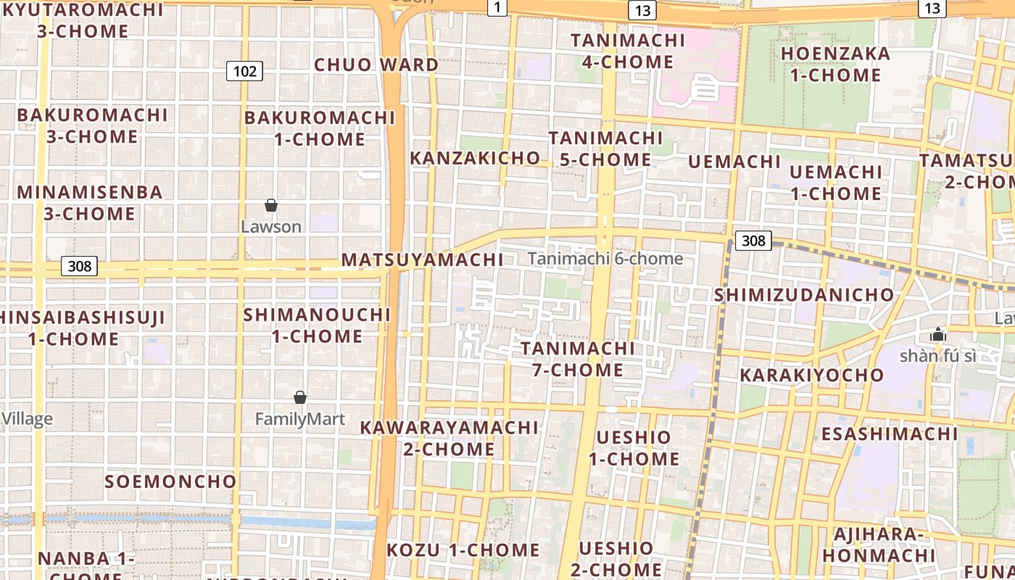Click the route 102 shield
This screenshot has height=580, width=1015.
(x=244, y=71)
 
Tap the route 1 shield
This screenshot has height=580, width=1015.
(x=497, y=7)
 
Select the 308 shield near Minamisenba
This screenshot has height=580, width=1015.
(x=79, y=266)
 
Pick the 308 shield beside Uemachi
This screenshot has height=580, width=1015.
(x=753, y=240)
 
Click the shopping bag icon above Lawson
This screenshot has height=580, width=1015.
(x=271, y=206)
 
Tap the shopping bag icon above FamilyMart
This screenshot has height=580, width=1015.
(x=300, y=398)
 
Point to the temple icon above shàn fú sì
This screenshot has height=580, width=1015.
(x=938, y=335)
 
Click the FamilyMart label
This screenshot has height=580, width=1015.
(x=300, y=419)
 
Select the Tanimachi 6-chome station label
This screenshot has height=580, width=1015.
(x=605, y=259)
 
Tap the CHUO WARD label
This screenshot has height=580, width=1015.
(x=376, y=65)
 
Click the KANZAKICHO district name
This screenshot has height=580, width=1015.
(x=475, y=158)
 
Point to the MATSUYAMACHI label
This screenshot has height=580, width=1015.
(x=422, y=260)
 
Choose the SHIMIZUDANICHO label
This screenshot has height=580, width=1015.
(x=804, y=295)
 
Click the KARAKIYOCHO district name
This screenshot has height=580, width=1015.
(x=812, y=375)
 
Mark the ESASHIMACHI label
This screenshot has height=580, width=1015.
(x=890, y=434)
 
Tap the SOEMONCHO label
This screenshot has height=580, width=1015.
(x=170, y=481)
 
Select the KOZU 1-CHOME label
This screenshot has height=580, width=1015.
(x=463, y=550)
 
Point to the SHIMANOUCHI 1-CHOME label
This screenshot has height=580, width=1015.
(x=317, y=326)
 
